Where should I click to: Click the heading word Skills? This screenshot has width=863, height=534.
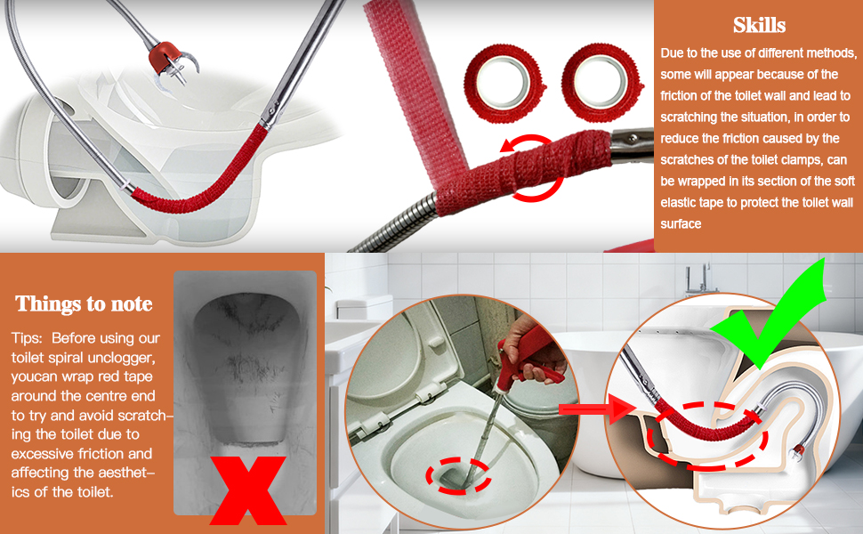pos(759,25)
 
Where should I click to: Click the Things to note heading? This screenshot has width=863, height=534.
pos(84,303)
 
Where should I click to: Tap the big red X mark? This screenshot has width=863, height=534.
pos(247,490)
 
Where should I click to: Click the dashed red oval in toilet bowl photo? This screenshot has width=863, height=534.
pos(458,475)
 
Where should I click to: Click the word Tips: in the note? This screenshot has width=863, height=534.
pos(28,338)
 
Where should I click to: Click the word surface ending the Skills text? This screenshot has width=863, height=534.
pos(681,224)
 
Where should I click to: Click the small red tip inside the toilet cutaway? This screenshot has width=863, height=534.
pos(797,452)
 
